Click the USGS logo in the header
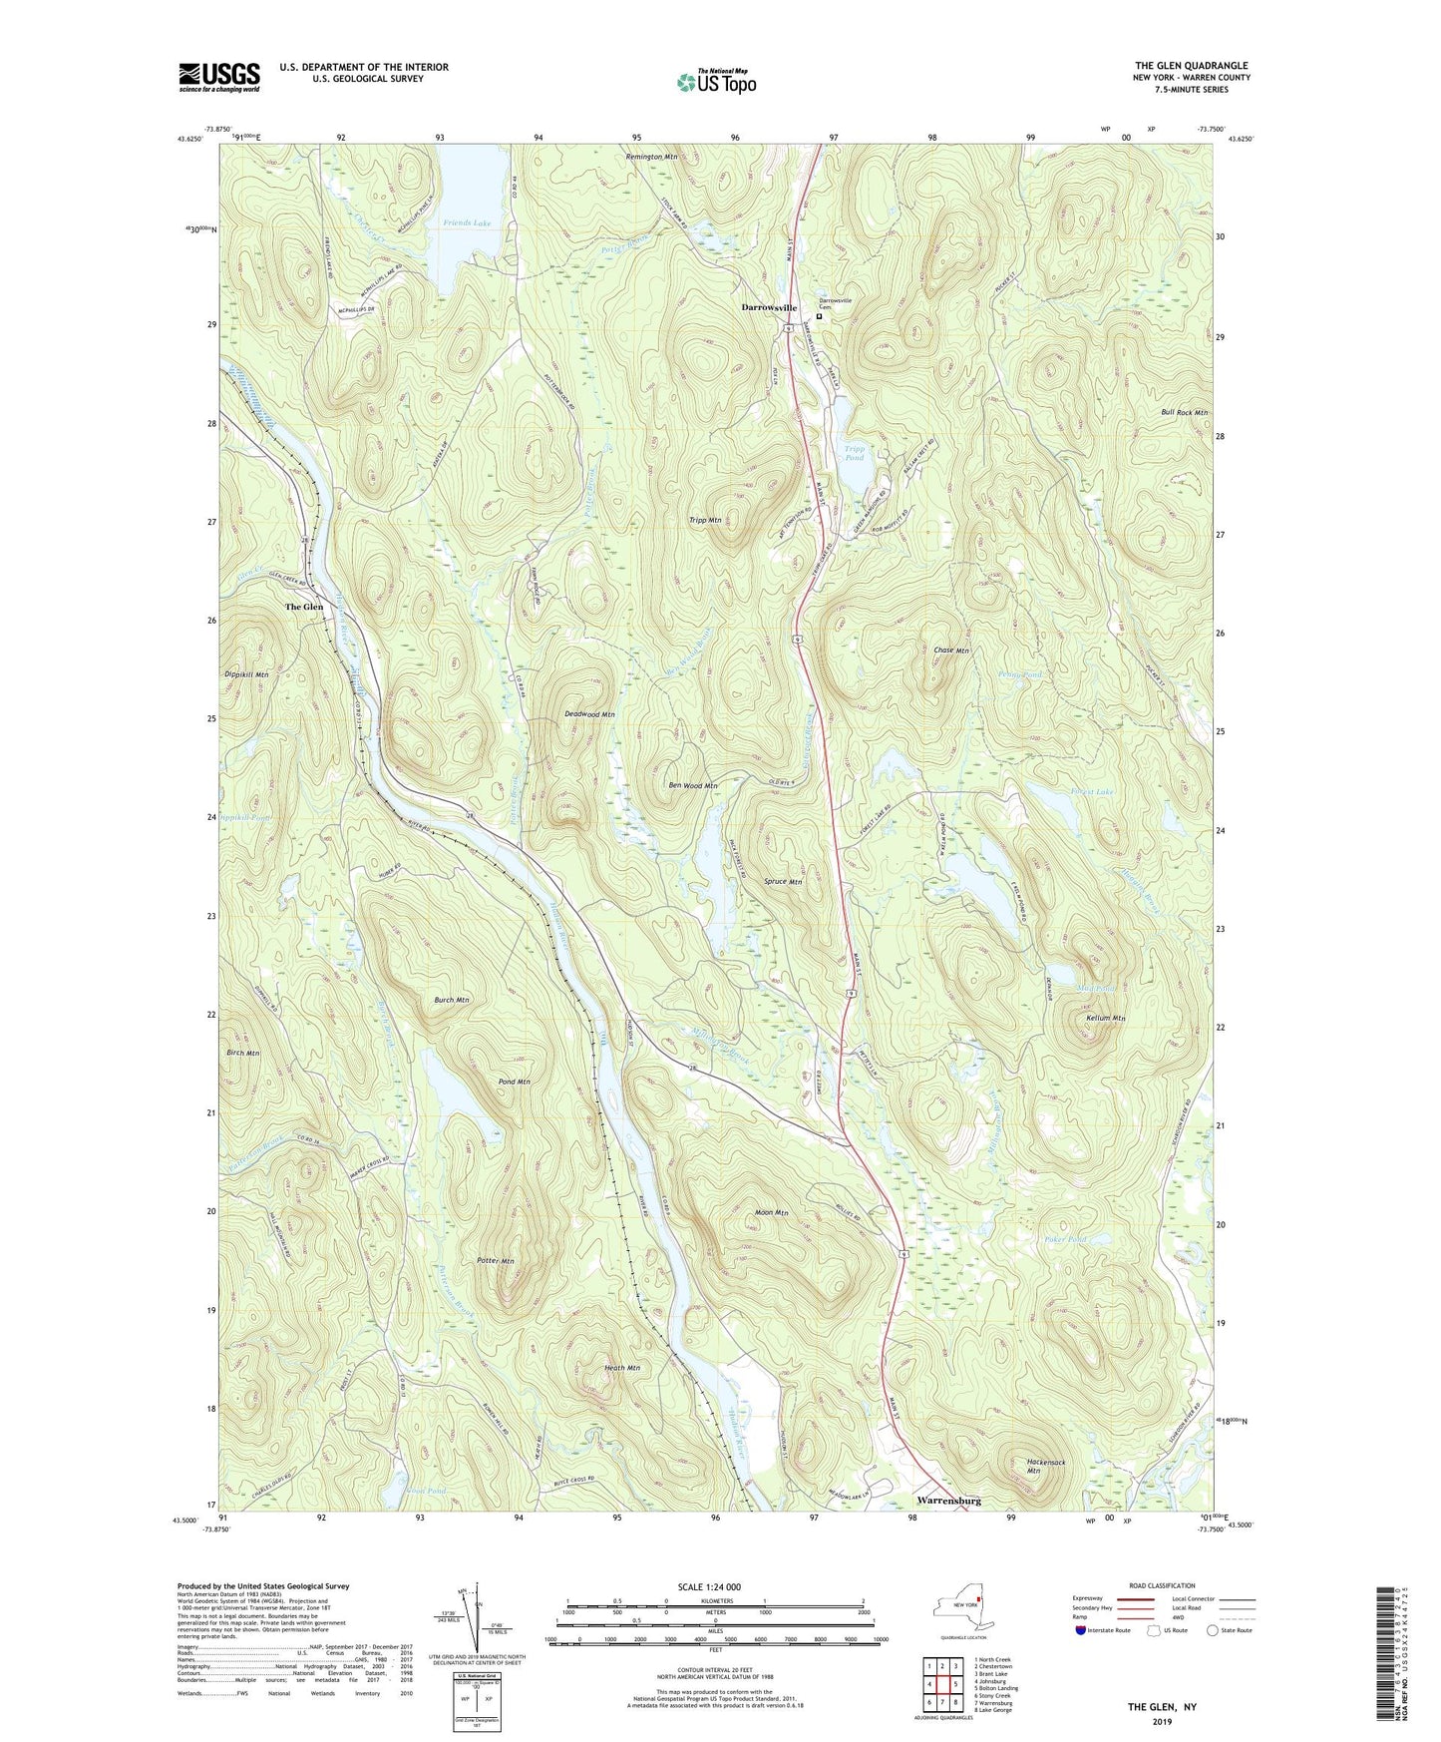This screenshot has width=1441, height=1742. click(x=218, y=77)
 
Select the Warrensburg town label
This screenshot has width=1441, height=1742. click(x=948, y=1500)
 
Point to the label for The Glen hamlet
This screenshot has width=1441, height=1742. click(x=304, y=607)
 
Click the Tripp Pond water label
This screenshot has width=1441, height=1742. click(x=855, y=453)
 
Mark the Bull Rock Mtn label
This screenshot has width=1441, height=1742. click(x=1184, y=412)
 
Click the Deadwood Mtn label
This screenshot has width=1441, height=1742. click(x=589, y=714)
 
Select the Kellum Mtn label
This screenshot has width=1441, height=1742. click(x=1105, y=1019)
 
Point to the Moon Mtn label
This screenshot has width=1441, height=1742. click(x=772, y=1213)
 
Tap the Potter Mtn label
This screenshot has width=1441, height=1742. click(x=494, y=1262)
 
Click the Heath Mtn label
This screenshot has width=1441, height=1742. click(x=621, y=1368)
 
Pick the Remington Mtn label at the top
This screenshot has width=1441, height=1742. click(x=652, y=157)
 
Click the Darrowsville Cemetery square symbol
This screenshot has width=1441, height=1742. click(x=820, y=316)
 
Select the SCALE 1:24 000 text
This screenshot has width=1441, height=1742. click(x=715, y=1586)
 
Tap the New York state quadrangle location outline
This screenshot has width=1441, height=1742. click(x=958, y=1611)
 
